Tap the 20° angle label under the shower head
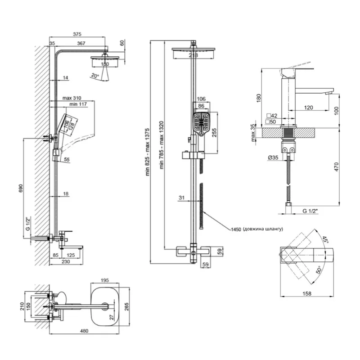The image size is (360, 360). pos(94,76)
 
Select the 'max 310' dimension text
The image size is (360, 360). pos(72,98)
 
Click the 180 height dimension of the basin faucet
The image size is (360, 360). pos(258,98)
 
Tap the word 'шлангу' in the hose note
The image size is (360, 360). pos(272,229)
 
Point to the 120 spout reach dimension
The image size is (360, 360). pos(308,108)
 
